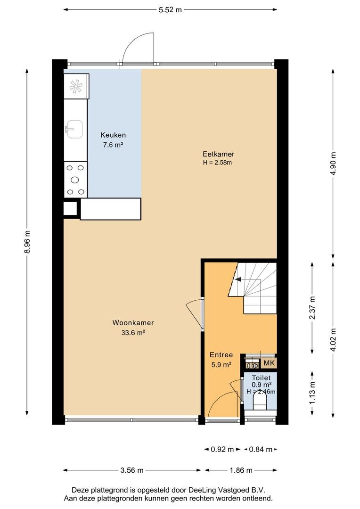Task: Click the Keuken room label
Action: coord(113,135)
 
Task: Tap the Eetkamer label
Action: coord(219,154)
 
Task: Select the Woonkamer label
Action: coord(133,323)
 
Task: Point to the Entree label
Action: coord(221,355)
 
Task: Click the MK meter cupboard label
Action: coord(269,363)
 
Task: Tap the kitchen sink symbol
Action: coord(74,129)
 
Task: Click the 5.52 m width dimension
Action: coord(170,10)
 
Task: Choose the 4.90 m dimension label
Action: coord(333,164)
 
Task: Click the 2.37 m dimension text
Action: coord(312,308)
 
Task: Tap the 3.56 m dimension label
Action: coord(132,470)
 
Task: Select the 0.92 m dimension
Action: coord(222,449)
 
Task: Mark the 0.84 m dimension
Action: coord(261,449)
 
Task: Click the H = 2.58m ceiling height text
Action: coord(218,163)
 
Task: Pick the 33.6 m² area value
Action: coord(133,332)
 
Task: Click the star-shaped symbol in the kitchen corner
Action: coord(76,86)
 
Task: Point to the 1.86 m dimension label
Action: coord(241,470)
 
